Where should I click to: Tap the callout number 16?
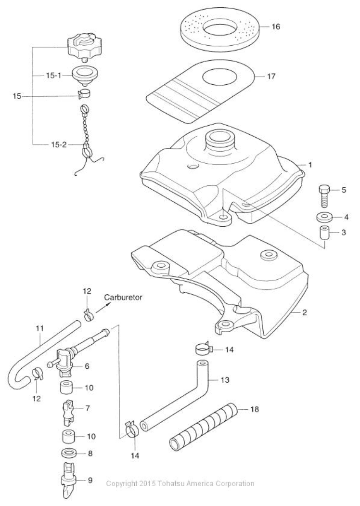pyautogui.click(x=275, y=26)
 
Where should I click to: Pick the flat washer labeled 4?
pyautogui.click(x=324, y=217)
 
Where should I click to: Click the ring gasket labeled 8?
pyautogui.click(x=70, y=453)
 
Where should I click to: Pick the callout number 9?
pyautogui.click(x=91, y=480)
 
